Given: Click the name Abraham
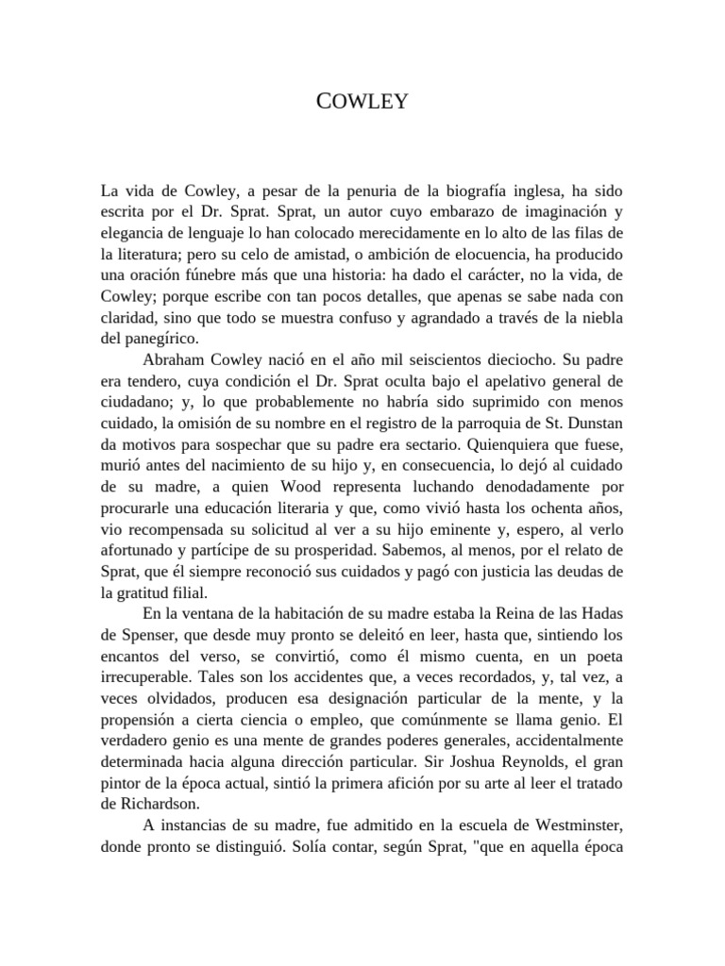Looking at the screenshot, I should pyautogui.click(x=176, y=359).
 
